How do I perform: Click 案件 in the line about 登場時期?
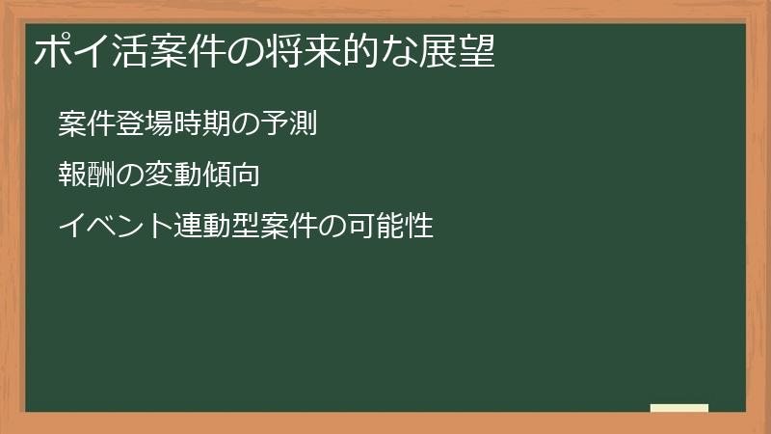click(83, 124)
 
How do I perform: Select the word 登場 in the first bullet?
click(135, 124)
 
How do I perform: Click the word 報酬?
click(83, 176)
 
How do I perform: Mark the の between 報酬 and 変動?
click(122, 176)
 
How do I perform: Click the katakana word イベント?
click(109, 228)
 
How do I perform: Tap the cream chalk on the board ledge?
click(678, 408)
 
